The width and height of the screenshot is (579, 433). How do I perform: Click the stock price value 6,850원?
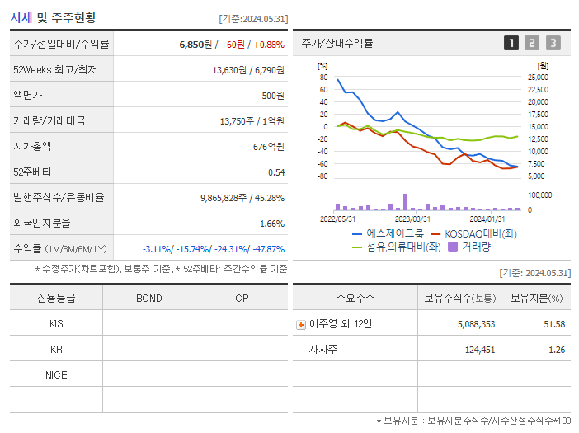(x=195, y=45)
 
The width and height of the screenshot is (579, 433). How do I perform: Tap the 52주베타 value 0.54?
(x=275, y=172)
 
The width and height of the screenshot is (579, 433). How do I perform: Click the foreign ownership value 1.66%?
(x=271, y=224)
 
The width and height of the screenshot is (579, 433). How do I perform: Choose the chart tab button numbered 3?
(x=553, y=44)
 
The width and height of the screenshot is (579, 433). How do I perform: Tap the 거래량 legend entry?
(x=469, y=246)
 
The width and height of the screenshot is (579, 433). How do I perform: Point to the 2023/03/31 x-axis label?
(x=412, y=219)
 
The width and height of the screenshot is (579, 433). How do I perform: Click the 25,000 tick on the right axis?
(x=537, y=78)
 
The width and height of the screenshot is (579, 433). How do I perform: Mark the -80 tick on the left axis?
(x=323, y=176)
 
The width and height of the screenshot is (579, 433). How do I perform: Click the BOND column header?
(x=148, y=298)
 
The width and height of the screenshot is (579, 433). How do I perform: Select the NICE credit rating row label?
(x=56, y=375)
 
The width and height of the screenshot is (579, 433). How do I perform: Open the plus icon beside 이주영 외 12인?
(x=300, y=325)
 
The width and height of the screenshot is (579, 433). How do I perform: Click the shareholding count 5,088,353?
(x=476, y=324)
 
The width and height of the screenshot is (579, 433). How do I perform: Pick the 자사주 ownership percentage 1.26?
(x=556, y=350)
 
